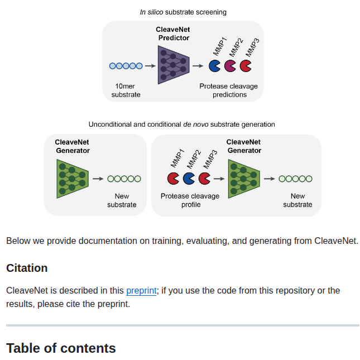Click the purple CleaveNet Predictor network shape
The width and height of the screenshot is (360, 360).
point(173,65)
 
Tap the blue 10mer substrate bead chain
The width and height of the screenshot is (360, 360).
point(126,66)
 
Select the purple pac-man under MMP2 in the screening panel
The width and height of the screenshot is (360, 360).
point(230,66)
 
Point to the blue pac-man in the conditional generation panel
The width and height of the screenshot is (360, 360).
point(189,179)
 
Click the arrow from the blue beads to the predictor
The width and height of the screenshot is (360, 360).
point(150,66)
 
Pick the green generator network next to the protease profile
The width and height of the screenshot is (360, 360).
point(244,179)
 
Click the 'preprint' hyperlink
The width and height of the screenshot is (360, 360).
point(141,290)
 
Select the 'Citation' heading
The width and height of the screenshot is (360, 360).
point(27,268)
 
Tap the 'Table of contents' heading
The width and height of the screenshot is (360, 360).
point(61,348)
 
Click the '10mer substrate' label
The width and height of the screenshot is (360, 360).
point(126,90)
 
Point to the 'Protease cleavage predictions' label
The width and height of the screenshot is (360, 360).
point(229,90)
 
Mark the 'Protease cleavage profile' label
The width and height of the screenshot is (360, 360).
point(190,200)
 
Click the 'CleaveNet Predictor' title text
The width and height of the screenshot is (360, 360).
point(174,34)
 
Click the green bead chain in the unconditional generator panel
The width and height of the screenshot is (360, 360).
point(124,179)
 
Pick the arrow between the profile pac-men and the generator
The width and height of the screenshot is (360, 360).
point(218,179)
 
